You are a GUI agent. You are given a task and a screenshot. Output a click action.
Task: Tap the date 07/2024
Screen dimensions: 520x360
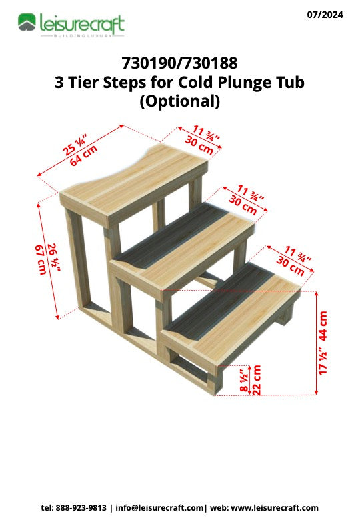(325, 14)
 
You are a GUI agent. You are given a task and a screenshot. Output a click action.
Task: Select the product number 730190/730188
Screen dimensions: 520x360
(179, 64)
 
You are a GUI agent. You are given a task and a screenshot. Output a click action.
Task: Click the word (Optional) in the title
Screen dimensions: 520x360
(179, 101)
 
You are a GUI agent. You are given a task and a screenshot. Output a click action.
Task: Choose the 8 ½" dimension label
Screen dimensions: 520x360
(243, 381)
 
